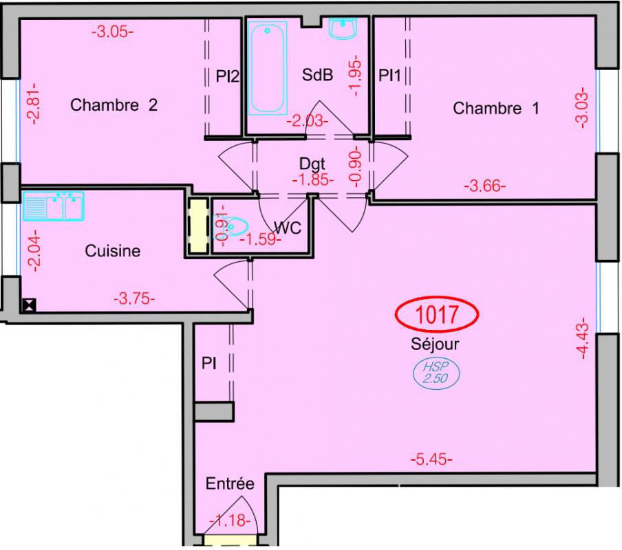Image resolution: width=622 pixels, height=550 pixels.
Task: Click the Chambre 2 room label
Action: [x=114, y=105]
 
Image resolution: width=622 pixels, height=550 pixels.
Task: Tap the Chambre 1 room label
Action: [x=496, y=108]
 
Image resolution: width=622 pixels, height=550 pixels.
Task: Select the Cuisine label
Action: [x=113, y=251]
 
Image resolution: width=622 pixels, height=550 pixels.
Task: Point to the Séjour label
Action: [x=435, y=344]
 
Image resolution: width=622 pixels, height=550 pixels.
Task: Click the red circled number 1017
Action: [x=437, y=314]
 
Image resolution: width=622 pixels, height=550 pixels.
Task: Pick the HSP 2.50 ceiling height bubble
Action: [x=436, y=373]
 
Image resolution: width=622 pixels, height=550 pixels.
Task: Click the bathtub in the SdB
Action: [x=268, y=68]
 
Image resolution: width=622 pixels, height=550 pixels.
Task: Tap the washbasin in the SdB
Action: [x=343, y=28]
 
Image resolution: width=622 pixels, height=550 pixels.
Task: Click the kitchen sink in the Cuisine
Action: [x=54, y=206]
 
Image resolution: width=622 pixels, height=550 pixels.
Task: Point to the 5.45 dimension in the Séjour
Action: [x=431, y=460]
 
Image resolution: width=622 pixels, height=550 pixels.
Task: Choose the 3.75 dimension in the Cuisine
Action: [x=134, y=298]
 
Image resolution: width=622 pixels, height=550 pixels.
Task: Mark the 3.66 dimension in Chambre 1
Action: [x=485, y=186]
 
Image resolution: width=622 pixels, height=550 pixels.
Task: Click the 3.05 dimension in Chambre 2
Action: [x=113, y=32]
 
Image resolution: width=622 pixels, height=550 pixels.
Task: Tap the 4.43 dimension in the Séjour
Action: [x=582, y=338]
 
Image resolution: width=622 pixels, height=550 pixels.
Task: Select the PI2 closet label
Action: [x=228, y=76]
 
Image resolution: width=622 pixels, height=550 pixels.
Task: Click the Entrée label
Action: [x=230, y=483]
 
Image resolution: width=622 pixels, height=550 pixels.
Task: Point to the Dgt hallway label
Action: [x=312, y=164]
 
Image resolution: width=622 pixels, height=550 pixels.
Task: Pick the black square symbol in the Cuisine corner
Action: [x=30, y=305]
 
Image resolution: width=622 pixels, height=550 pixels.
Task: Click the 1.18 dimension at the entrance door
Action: [x=230, y=520]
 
